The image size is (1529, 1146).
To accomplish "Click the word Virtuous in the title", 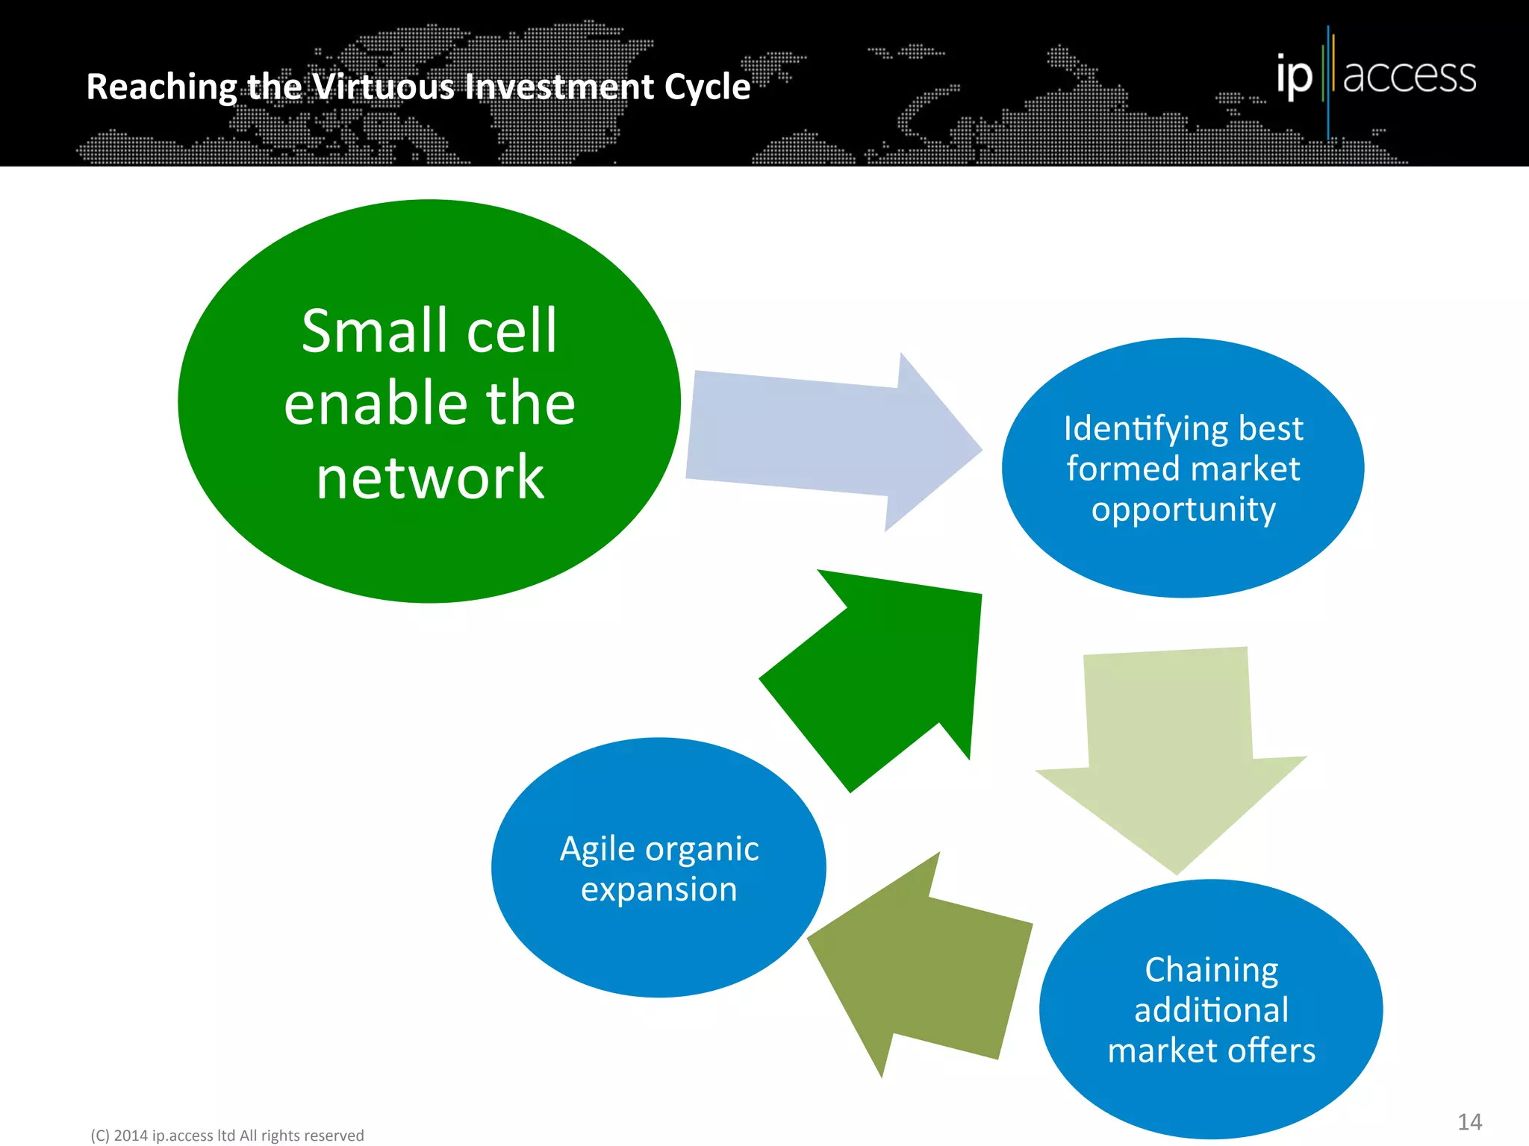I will pyautogui.click(x=383, y=87).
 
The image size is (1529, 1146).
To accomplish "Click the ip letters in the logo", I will pyautogui.click(x=1294, y=76).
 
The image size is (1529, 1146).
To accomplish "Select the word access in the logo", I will pyautogui.click(x=1410, y=76).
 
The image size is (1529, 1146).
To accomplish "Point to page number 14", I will pyautogui.click(x=1469, y=1122).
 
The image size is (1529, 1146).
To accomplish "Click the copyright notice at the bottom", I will pyautogui.click(x=227, y=1136).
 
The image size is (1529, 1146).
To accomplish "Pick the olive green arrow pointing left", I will pyautogui.click(x=926, y=970).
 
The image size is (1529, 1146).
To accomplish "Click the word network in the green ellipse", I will pyautogui.click(x=430, y=477).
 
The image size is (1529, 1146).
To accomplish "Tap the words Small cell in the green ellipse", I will pyautogui.click(x=429, y=331).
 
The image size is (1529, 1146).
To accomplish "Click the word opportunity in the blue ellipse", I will pyautogui.click(x=1183, y=510).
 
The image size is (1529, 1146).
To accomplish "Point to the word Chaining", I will pyautogui.click(x=1211, y=970).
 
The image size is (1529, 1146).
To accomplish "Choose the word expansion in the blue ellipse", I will pyautogui.click(x=659, y=889).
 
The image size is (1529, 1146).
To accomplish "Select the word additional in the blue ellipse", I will pyautogui.click(x=1211, y=1010).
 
